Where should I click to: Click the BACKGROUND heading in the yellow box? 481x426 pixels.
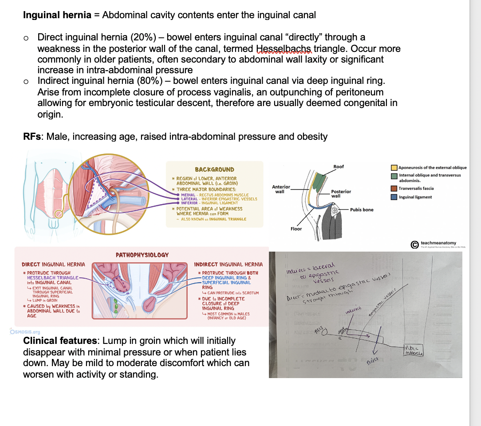(214, 170)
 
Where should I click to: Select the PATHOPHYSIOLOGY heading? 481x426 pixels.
(142, 255)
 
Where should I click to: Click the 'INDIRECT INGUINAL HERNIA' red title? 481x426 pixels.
(229, 264)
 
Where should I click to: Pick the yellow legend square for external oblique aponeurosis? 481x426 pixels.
(394, 168)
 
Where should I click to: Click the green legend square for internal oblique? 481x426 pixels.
(394, 176)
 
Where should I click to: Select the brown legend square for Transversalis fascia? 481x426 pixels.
(394, 189)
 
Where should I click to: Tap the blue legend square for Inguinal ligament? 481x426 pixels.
(394, 197)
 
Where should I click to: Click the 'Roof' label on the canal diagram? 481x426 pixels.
(339, 166)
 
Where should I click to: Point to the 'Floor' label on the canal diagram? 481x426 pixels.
(296, 229)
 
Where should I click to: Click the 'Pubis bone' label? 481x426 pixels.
(362, 209)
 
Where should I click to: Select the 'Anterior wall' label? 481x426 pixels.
(281, 189)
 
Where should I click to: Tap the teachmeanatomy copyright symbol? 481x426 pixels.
(414, 244)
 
